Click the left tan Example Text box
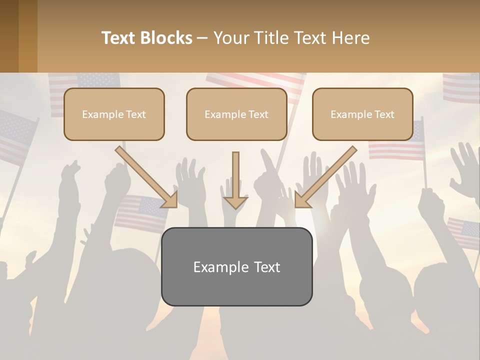point(114,114)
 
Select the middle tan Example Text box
point(236,114)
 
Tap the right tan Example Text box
point(362,114)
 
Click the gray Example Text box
point(236,266)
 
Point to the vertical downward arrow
point(235,180)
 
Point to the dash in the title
point(202,38)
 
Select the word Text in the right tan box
point(384,114)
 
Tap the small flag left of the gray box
point(141,212)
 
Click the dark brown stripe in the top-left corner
point(9,36)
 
